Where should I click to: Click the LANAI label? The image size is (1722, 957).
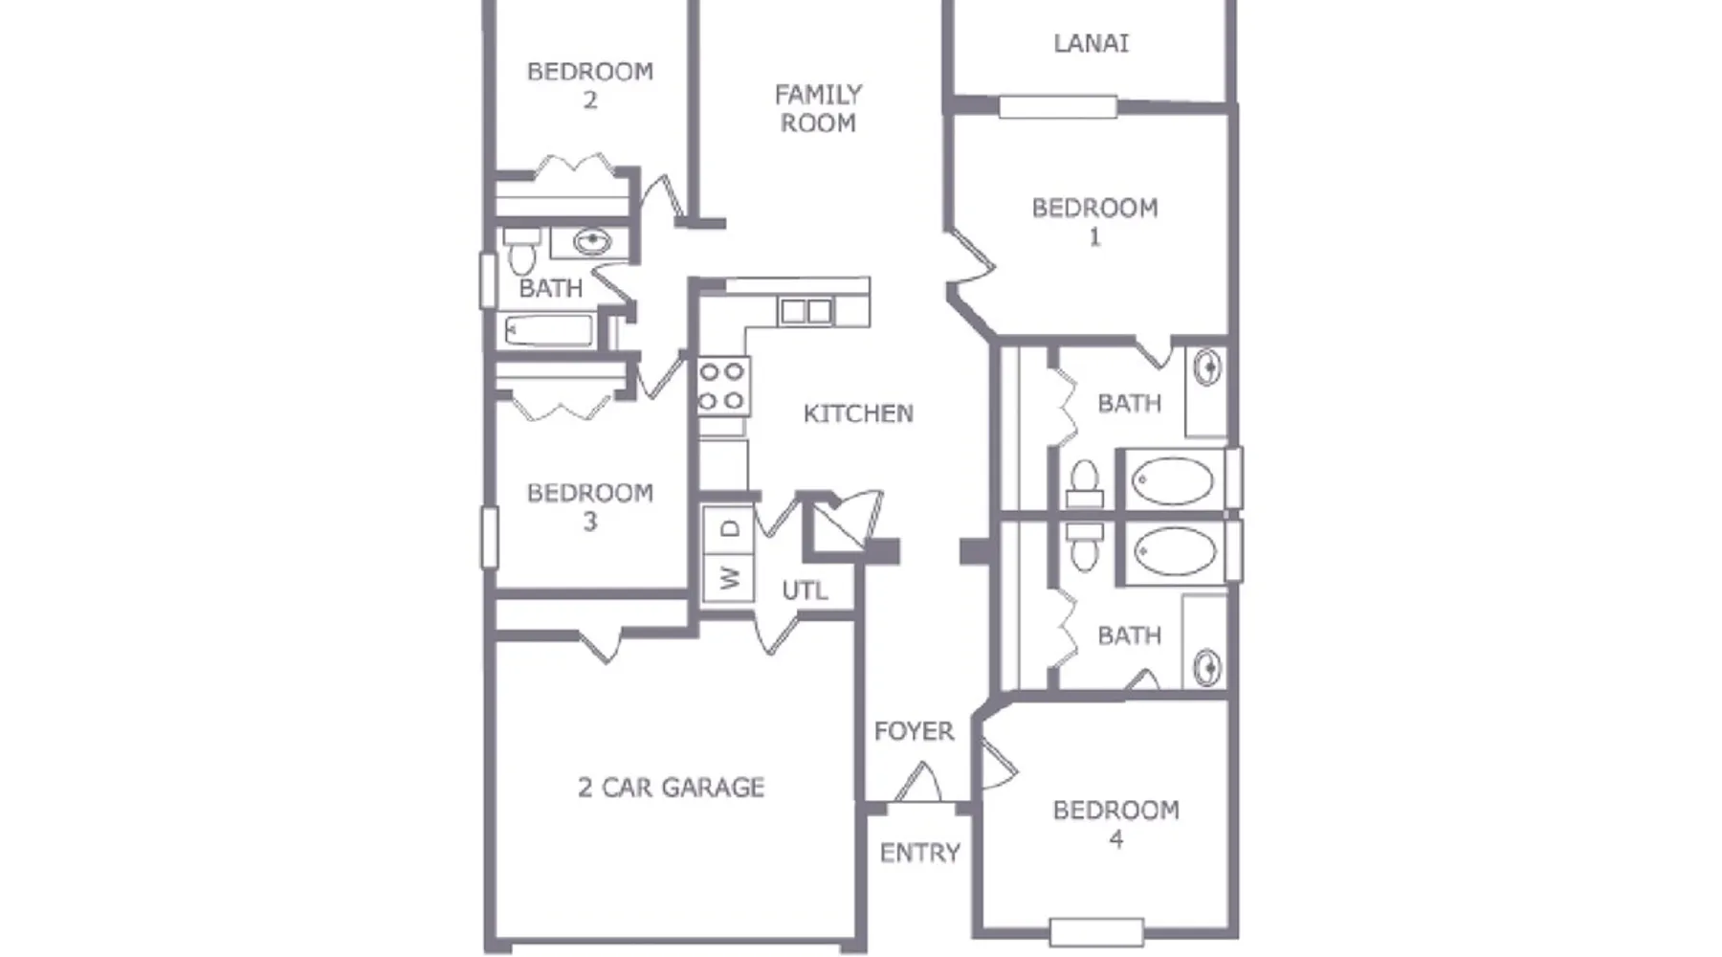[1091, 43]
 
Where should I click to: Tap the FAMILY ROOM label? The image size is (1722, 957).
[818, 108]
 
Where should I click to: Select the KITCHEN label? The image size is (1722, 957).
[858, 413]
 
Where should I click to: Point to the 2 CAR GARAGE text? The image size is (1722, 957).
[671, 787]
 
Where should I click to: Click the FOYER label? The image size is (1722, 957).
[914, 731]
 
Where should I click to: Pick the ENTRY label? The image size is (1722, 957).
[919, 852]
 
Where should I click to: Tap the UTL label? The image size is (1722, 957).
[805, 590]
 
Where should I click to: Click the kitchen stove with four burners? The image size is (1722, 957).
[722, 386]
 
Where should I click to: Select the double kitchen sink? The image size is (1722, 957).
[806, 311]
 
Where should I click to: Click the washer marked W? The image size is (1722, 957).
[729, 577]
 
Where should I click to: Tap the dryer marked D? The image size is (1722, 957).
[729, 529]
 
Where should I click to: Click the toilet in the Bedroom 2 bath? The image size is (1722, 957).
[521, 251]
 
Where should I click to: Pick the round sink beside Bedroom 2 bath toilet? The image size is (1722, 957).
[592, 241]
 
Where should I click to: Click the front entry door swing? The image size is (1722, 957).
[918, 782]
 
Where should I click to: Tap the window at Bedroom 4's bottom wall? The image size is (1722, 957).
[1096, 932]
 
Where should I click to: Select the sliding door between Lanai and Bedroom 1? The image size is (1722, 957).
[1058, 106]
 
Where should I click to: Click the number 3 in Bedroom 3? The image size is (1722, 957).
[590, 522]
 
